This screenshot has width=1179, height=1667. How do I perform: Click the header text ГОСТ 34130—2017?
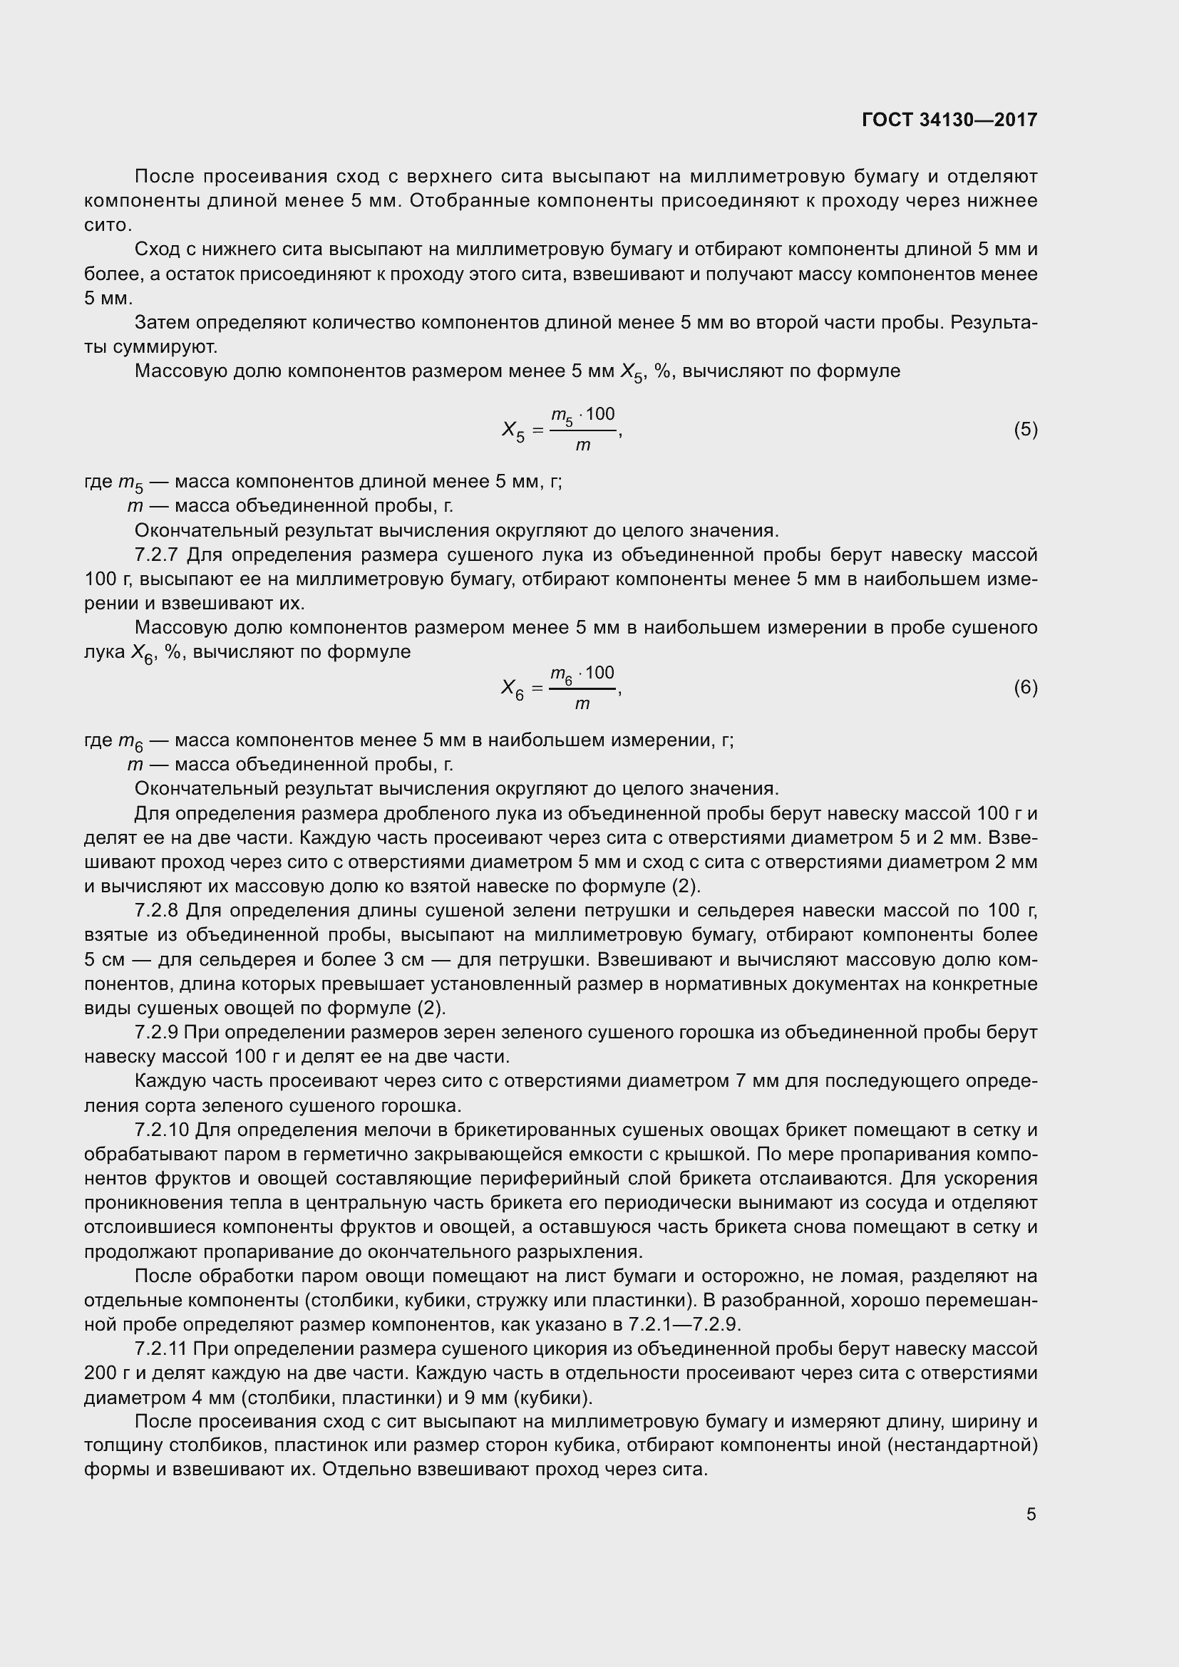pos(949,120)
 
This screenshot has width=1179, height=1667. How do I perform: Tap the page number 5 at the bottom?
pos(1031,1514)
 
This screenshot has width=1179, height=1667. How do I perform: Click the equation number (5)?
pos(1025,430)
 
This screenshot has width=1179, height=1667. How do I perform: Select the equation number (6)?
pos(1025,688)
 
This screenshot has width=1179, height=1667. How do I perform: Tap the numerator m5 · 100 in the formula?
pos(582,416)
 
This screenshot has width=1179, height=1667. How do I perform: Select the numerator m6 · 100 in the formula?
pos(582,673)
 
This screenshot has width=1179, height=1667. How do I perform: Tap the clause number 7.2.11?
pos(161,1349)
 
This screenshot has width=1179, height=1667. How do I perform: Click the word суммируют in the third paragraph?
pos(165,347)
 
